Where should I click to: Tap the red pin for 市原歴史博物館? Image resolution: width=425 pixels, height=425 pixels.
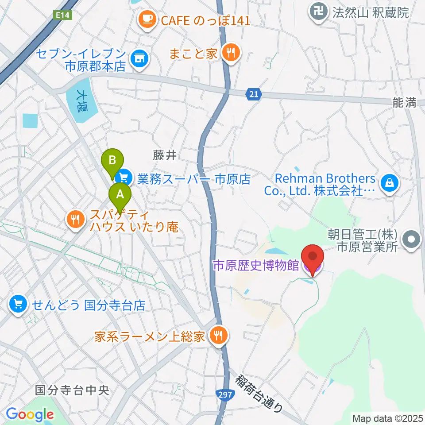313,257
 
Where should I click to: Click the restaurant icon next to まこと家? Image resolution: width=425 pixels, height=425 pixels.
230,53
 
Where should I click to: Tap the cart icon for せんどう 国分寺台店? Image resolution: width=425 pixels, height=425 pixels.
18,304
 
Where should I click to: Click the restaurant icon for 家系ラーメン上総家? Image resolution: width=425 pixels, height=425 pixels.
217,336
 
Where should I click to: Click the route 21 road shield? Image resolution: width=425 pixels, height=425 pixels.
252,94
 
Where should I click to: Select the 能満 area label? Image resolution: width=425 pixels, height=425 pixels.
404,103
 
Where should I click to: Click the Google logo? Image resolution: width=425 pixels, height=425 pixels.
30,414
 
